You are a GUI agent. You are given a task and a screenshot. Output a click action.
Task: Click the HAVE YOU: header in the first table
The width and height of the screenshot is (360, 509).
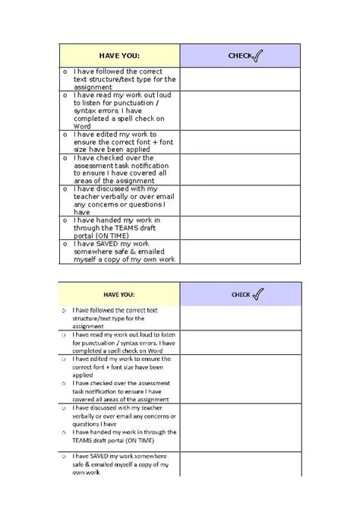(x=119, y=55)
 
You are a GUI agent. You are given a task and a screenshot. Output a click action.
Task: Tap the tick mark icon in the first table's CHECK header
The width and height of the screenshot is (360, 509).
(x=257, y=55)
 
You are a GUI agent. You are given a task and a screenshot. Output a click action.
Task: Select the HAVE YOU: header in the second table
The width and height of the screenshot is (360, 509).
(x=119, y=294)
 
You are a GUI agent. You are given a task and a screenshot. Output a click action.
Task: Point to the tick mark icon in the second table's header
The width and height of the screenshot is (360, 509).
(x=257, y=293)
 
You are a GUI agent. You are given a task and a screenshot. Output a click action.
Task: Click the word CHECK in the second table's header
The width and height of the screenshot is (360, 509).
(x=241, y=295)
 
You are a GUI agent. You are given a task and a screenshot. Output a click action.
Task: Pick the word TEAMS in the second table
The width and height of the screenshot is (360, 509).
(x=84, y=441)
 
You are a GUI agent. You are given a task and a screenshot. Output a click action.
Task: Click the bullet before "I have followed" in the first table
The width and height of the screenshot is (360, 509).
(x=65, y=71)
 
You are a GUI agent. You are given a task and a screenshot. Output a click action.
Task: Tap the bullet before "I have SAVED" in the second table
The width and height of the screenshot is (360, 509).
(x=64, y=456)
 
